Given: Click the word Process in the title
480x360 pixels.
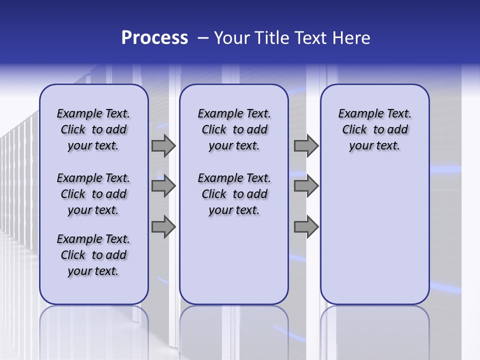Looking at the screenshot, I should coord(154,38).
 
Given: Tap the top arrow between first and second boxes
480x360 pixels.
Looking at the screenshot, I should coord(163,145).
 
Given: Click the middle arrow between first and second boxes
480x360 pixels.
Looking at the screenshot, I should coord(163,186).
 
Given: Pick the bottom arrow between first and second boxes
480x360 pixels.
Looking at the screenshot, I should coord(163,227).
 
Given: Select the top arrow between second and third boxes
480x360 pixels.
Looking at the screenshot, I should coord(306,145).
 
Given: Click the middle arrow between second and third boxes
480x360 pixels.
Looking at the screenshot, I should coord(306,186).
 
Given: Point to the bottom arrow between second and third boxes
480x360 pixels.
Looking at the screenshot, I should coord(306,227).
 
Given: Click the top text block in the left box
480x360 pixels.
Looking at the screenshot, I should coord(93,129).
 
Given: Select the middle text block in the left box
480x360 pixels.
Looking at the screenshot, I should coord(93,194).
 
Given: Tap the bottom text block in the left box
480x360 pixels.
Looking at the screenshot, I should coord(93,255).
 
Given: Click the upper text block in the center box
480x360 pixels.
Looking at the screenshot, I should coord(234,129).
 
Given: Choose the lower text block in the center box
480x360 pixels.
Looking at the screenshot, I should coord(234,194).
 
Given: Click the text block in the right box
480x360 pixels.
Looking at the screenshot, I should coord(374,129).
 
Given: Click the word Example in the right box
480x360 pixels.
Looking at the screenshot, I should coord(357,113).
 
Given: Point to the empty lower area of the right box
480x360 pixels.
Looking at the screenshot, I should coord(374,235).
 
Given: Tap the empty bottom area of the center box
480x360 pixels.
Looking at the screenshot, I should coord(234,265).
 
